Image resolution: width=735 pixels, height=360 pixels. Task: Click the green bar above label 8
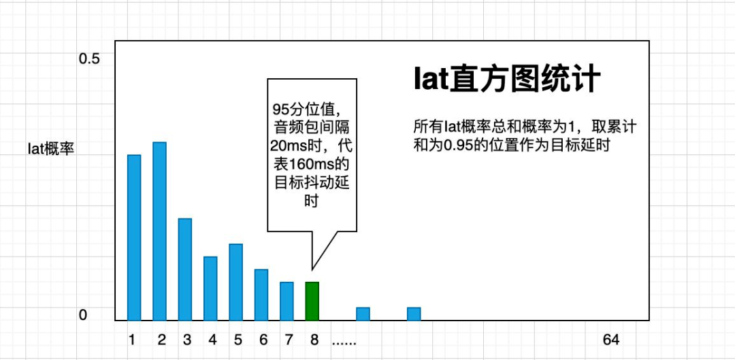pos(312,301)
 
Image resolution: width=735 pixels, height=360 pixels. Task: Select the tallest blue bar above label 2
pos(160,231)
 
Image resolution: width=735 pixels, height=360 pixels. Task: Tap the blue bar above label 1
pos(134,238)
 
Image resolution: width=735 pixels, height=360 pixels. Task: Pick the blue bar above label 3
pos(185,269)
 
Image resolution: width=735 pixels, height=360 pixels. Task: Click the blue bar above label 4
pos(210,289)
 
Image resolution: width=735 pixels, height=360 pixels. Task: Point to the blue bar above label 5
pos(235,282)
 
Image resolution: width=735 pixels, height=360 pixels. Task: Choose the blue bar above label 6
pos(261,295)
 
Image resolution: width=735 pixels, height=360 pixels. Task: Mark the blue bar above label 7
pos(287,301)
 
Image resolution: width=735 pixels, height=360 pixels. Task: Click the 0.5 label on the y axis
pos(90,59)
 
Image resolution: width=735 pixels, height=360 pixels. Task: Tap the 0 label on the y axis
pos(83,316)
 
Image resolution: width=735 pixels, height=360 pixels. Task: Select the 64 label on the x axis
pos(611,340)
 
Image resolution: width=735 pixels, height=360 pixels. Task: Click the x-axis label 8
pos(314,340)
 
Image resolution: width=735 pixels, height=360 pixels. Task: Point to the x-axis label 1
pos(132,340)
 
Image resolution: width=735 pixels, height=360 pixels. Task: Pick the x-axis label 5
pos(238,340)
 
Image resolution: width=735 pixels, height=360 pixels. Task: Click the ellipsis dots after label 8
pos(344,343)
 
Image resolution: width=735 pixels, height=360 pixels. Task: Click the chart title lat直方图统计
pos(507,80)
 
